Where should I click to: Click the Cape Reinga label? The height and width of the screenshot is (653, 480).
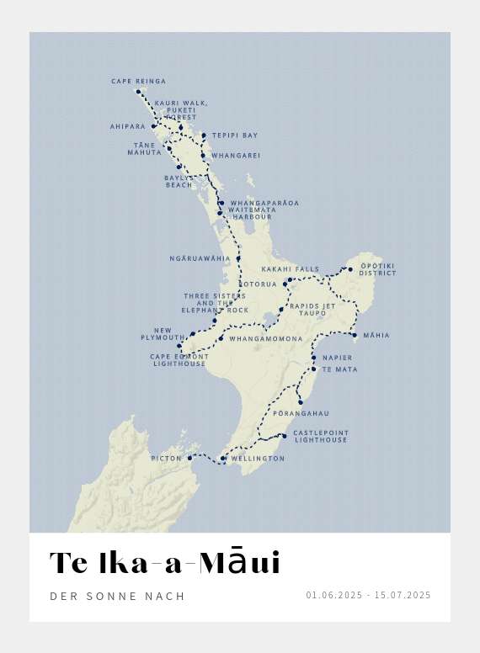[x=138, y=82]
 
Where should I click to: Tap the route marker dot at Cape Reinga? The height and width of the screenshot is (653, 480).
[x=138, y=92]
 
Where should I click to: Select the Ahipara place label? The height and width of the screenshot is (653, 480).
[x=128, y=127]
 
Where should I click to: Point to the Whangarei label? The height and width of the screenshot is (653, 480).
[x=236, y=156]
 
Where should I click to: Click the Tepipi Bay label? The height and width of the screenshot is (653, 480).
[x=235, y=135]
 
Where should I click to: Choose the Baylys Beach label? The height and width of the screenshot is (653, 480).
[x=179, y=182]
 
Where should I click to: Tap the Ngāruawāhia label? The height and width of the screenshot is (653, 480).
[x=200, y=259]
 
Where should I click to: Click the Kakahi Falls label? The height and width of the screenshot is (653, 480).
[x=291, y=269]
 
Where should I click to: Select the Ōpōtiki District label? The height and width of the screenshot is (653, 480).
[x=377, y=269]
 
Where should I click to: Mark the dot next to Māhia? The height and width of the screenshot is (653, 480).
[x=355, y=336]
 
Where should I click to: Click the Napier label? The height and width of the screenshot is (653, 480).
[x=338, y=358]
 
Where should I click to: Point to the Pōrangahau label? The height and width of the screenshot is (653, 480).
[x=301, y=414]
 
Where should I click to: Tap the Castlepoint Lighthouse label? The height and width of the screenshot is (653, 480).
[x=321, y=437]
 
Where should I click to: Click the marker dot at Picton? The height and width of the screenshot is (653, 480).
[x=189, y=459]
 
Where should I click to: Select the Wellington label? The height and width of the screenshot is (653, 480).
[x=258, y=459]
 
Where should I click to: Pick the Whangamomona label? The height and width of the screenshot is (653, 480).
[x=265, y=339]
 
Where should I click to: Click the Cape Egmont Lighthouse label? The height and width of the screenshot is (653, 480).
[x=179, y=360]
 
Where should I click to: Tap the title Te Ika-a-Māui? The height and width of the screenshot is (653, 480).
[x=165, y=563]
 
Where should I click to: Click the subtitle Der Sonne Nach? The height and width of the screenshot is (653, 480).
[x=118, y=597]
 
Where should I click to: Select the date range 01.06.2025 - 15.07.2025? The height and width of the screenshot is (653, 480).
[x=368, y=596]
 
